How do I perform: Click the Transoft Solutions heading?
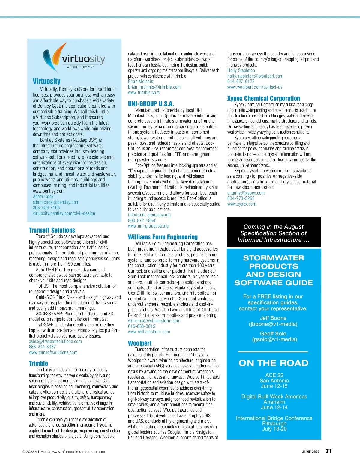(x=52, y=230)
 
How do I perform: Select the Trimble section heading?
(x=38, y=364)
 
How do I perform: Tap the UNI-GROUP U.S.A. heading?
(x=151, y=104)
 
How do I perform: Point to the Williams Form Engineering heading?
(x=163, y=237)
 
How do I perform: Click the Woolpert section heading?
(x=140, y=343)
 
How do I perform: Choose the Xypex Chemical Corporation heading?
(x=263, y=98)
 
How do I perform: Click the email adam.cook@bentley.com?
(x=56, y=202)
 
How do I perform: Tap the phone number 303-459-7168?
(x=46, y=208)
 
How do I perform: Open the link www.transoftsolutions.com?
(x=53, y=352)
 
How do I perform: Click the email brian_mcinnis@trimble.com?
(x=154, y=87)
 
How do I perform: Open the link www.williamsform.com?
(x=149, y=332)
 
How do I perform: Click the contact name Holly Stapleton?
(x=241, y=70)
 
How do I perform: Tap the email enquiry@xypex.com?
(x=246, y=193)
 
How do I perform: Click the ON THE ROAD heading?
(x=274, y=363)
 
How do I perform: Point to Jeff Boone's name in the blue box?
(x=273, y=318)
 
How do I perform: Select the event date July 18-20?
(x=274, y=429)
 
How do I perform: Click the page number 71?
(x=329, y=451)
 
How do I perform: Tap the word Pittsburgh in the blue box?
(x=274, y=424)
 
